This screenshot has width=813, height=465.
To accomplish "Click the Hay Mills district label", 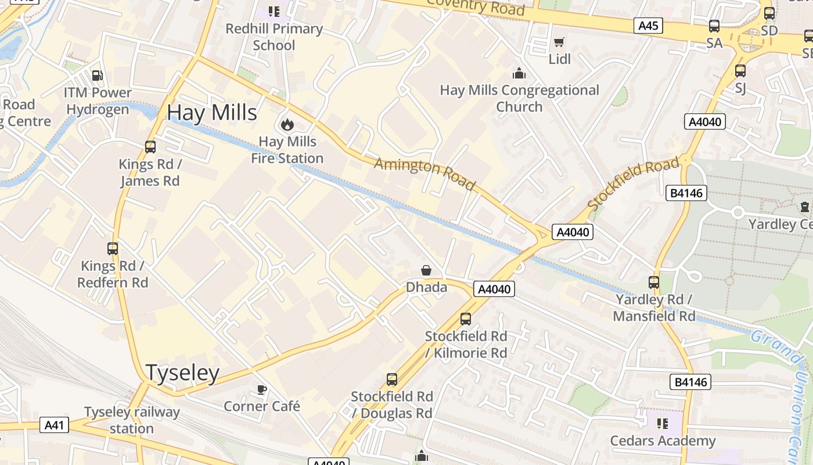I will [212, 113].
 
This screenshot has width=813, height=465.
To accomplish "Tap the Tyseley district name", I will [182, 373].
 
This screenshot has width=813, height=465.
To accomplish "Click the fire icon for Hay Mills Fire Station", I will [286, 124].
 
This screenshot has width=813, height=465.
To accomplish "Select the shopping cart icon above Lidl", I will [559, 42].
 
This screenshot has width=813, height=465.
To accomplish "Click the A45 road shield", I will [648, 26].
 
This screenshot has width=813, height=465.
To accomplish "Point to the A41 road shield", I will [54, 425].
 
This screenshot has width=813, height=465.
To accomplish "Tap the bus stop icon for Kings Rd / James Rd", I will [150, 147].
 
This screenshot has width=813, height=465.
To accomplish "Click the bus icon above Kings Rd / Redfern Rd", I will [113, 249].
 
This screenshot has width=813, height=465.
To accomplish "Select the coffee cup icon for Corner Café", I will [261, 389].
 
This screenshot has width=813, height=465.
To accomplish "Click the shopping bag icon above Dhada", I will [426, 270].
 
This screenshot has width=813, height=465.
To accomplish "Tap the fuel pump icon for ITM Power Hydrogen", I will [98, 76].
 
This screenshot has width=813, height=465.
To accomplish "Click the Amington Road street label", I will [425, 173].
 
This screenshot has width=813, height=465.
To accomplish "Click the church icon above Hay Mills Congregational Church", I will [519, 73].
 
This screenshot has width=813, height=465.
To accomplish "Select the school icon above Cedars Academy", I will [662, 423].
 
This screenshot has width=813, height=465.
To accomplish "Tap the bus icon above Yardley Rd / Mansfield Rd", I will [654, 282].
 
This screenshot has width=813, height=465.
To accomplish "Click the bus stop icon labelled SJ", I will [740, 71].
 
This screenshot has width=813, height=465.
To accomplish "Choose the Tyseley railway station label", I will [132, 420].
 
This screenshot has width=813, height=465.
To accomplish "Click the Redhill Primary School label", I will [274, 37].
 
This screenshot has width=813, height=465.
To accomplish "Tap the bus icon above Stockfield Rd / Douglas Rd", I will [392, 380].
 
